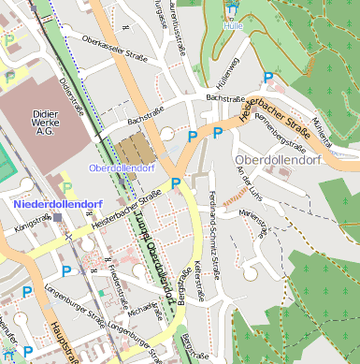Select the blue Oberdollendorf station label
(121, 168)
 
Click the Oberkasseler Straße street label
(116, 49)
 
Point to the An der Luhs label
(244, 181)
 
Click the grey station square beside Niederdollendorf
(58, 217)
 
